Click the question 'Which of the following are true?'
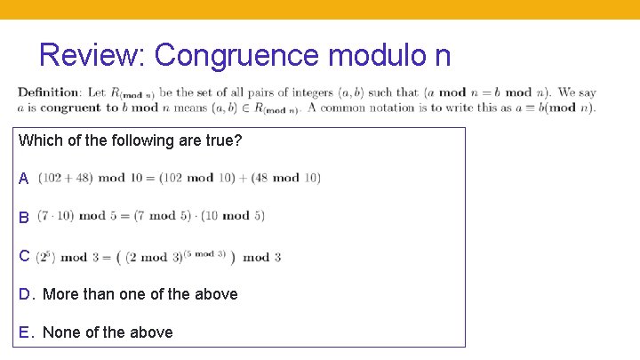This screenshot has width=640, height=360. (x=130, y=140)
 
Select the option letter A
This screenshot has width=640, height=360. (x=24, y=179)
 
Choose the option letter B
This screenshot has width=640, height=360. (x=24, y=217)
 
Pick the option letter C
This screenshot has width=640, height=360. (x=24, y=256)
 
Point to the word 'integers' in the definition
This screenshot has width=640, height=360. (x=312, y=92)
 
